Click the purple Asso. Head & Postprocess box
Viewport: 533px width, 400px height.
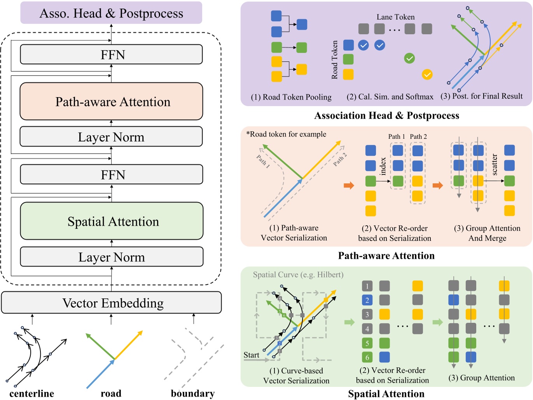111,13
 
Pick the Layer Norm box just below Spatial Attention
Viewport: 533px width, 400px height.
112,257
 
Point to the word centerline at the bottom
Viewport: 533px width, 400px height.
31,393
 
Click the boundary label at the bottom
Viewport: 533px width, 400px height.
192,393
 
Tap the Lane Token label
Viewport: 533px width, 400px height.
395,17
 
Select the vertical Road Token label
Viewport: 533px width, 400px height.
335,60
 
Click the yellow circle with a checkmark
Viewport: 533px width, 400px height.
427,74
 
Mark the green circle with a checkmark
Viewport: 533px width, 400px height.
409,58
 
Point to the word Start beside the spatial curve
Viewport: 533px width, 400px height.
251,355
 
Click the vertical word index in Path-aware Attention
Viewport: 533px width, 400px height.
383,166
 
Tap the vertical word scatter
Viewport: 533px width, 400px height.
495,165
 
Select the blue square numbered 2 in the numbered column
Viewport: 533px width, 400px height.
367,300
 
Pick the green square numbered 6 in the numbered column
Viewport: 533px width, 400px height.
367,357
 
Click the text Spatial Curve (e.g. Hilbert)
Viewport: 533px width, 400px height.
298,275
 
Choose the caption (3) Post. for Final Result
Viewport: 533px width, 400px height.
481,96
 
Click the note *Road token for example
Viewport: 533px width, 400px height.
286,134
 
